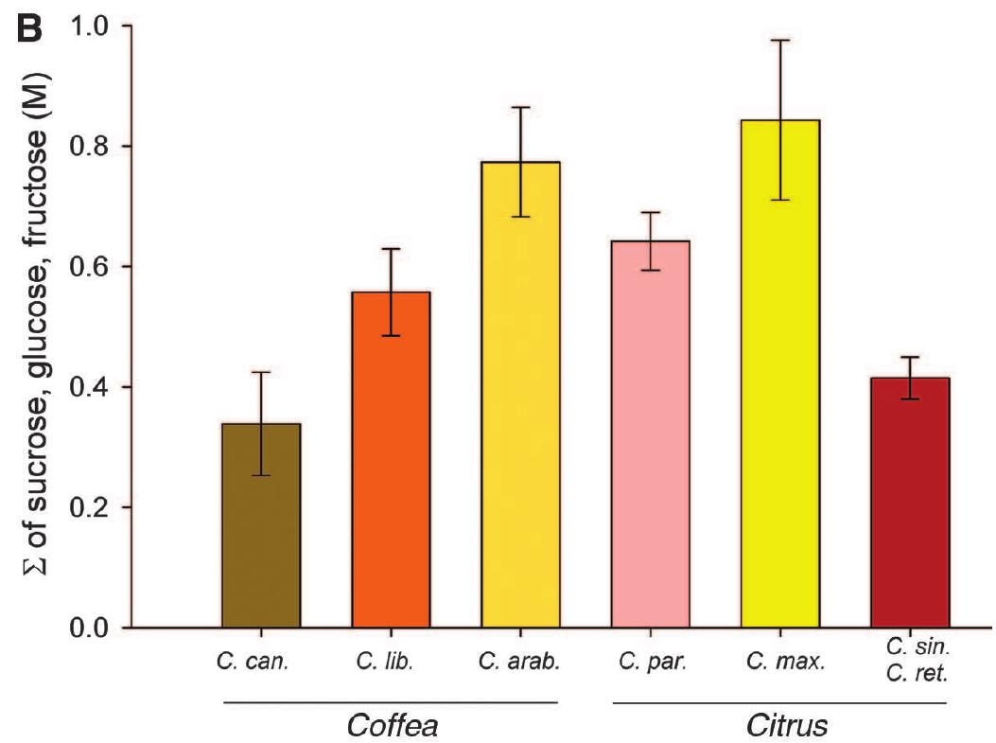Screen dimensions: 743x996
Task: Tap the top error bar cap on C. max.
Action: [x=779, y=40]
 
